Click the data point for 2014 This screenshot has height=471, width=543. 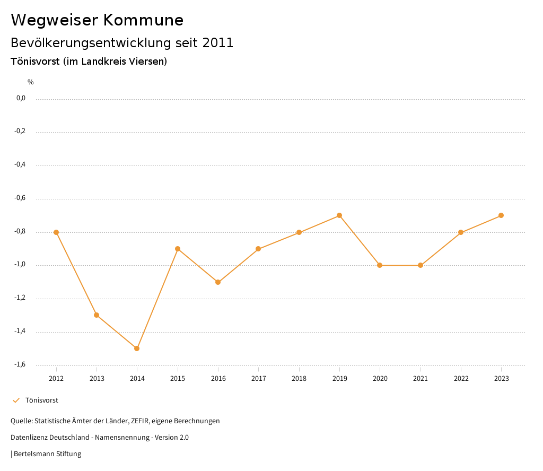[137, 348]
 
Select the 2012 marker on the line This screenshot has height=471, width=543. [56, 232]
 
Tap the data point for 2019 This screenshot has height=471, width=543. [339, 215]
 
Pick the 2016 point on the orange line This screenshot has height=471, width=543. [218, 282]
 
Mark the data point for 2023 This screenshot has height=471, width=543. [501, 215]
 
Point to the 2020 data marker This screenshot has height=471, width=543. [380, 265]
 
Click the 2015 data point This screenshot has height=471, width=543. [178, 249]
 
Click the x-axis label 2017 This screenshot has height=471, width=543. [258, 379]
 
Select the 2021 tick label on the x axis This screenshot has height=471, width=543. [421, 379]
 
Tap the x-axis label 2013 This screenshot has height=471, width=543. [97, 379]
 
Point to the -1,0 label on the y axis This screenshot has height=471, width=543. [20, 265]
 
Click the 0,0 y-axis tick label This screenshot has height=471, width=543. [21, 98]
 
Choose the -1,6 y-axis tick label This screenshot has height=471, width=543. [20, 364]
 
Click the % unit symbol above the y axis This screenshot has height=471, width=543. [31, 82]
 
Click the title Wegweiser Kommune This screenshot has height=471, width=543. [97, 20]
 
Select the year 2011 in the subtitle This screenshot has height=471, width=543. [218, 43]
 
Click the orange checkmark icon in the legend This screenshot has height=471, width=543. [16, 400]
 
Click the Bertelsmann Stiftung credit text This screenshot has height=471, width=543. [47, 454]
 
